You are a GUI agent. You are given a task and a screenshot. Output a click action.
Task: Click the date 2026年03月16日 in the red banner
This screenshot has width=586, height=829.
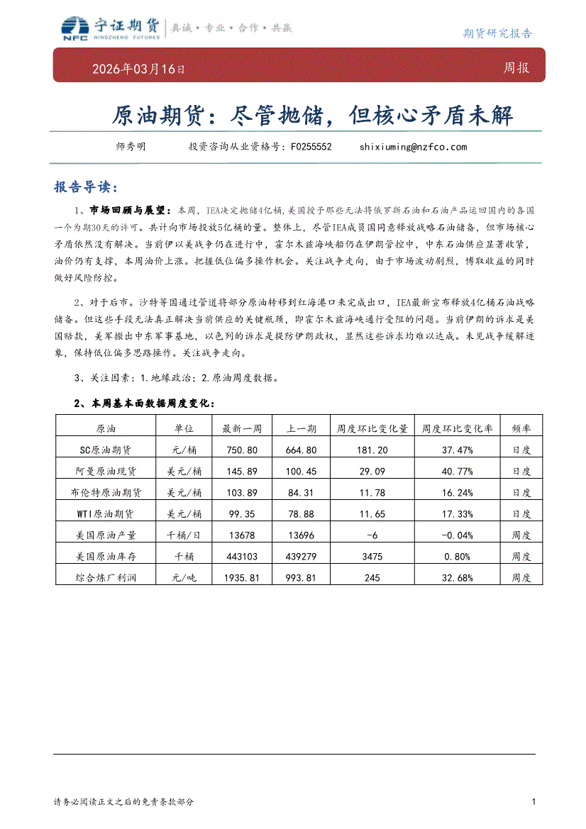click(x=139, y=69)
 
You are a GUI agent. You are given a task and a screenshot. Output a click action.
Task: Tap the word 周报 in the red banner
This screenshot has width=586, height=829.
click(x=516, y=69)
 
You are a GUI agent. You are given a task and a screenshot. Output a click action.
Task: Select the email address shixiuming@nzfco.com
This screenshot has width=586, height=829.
click(x=413, y=147)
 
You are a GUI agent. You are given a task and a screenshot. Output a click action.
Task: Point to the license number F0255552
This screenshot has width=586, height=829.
click(x=311, y=147)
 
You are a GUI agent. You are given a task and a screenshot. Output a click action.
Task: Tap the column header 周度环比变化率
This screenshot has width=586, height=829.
click(x=457, y=428)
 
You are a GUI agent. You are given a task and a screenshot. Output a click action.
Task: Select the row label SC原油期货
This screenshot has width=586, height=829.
click(x=105, y=450)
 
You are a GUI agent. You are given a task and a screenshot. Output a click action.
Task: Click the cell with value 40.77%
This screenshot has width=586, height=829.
click(x=457, y=471)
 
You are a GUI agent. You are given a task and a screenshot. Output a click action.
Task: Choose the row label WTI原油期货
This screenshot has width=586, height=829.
click(x=105, y=513)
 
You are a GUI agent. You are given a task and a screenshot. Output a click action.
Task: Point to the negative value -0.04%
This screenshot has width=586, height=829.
click(x=457, y=535)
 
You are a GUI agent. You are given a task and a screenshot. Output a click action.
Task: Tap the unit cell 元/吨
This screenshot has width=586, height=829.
click(x=184, y=577)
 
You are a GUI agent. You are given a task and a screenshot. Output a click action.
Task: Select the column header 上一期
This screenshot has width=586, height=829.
click(x=301, y=428)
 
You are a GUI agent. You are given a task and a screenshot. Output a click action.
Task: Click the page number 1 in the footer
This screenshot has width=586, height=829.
click(x=533, y=802)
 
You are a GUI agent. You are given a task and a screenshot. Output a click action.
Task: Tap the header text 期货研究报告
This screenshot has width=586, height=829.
click(x=497, y=33)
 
